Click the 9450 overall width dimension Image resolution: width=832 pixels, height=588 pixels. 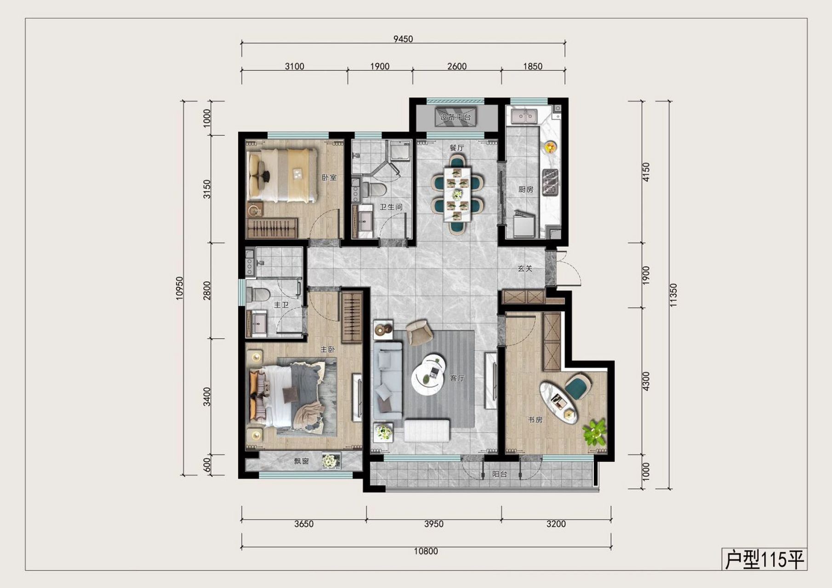(x=403, y=39)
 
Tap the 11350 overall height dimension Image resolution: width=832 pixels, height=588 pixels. (x=673, y=295)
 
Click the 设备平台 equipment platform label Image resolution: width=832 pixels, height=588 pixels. (x=455, y=117)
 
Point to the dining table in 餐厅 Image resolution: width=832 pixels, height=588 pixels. (x=457, y=194)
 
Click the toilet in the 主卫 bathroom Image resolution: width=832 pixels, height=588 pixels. (x=258, y=294)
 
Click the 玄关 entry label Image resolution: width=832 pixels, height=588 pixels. (x=525, y=268)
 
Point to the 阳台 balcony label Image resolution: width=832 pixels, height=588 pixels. (x=500, y=474)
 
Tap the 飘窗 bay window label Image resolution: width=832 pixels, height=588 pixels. (x=302, y=461)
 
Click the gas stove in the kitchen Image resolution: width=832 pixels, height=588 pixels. (x=550, y=182)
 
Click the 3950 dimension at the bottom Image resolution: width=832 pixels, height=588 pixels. (x=433, y=524)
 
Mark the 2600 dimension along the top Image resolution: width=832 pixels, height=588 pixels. (x=456, y=66)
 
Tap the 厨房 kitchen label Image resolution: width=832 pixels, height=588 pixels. (x=525, y=189)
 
